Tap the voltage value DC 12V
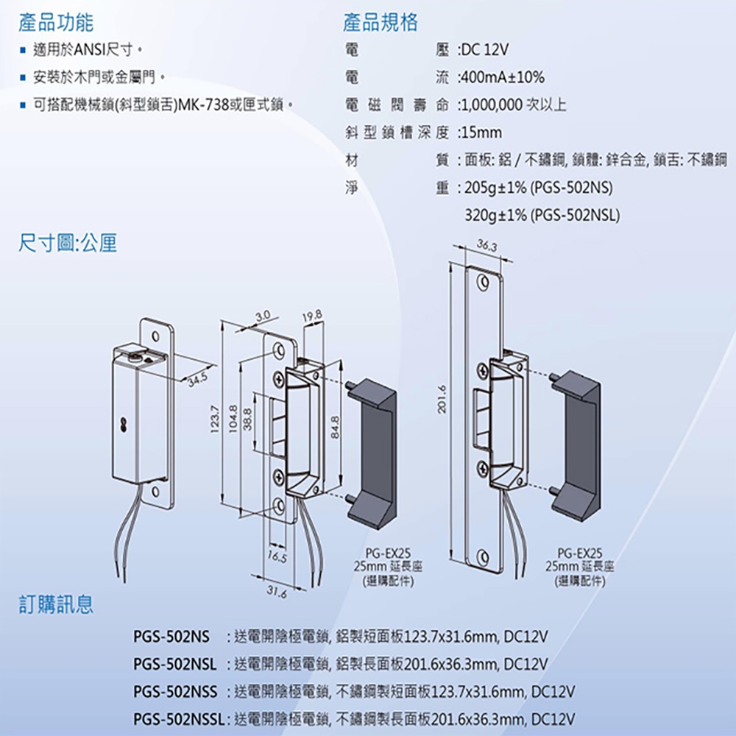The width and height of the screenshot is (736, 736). point(486,49)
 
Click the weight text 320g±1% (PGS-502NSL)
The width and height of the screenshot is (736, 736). point(542,216)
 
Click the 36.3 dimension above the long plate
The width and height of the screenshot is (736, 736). point(486,244)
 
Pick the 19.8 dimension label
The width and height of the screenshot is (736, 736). point(311,316)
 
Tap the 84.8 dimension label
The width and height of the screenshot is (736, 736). point(335,427)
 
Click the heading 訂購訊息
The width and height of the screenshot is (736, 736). point(56,605)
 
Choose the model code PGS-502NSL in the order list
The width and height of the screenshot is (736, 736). point(175,665)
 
